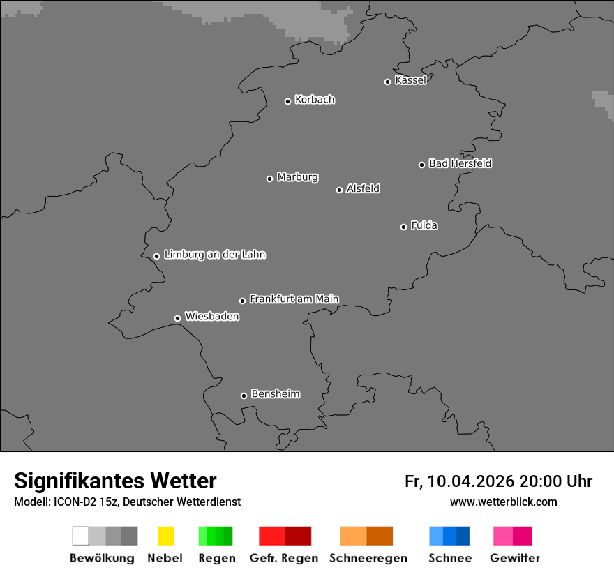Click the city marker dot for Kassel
point(387,82)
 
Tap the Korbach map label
point(315,100)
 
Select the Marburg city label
point(297,177)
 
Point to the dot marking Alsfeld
point(339,190)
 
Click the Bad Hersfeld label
point(460,163)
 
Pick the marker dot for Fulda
point(403,227)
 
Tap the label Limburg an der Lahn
point(215,255)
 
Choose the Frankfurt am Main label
point(294,299)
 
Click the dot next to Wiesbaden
point(177,318)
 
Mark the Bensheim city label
point(276,394)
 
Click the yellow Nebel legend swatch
point(165,536)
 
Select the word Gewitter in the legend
point(515,558)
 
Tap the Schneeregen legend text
point(368,558)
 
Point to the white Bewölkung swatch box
point(80,536)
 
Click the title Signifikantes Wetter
point(115,481)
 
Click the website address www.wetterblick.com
point(503,502)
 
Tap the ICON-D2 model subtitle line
point(127,502)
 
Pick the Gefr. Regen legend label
point(284,558)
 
